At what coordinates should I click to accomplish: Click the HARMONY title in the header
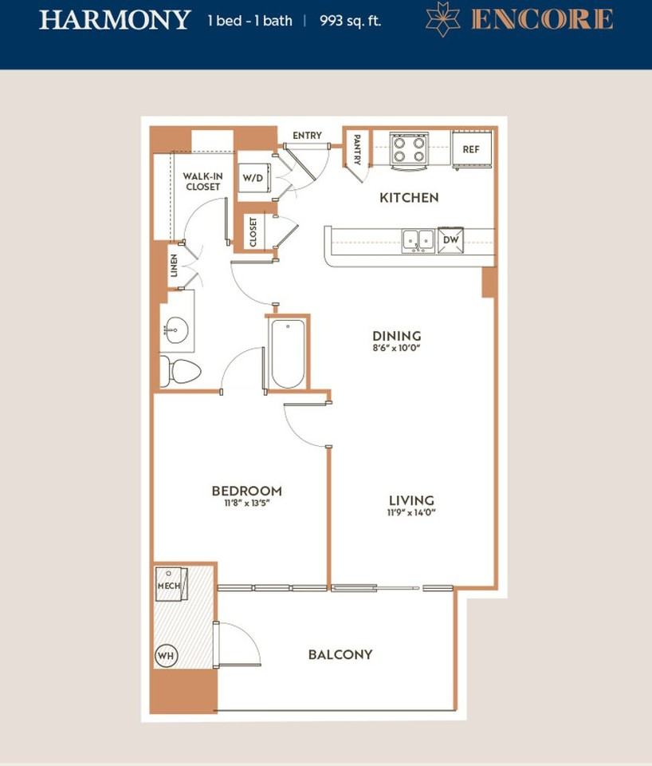coord(115,20)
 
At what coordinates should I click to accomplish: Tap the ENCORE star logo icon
coord(442,19)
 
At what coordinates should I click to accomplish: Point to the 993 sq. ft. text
coord(350,21)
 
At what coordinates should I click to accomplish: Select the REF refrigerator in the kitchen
coord(471,149)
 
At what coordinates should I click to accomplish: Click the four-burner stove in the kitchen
coord(409,151)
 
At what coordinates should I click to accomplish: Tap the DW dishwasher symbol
coord(450,240)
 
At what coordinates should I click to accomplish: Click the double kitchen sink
coord(418,241)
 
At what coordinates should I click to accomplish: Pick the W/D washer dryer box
coord(253,178)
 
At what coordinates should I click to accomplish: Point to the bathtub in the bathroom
coord(288,353)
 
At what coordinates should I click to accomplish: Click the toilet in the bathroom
coord(180,372)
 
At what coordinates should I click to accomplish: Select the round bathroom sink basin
coord(175,330)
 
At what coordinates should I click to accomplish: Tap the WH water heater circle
coord(166,656)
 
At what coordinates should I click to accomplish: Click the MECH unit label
coord(169,585)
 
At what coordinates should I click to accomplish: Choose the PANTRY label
coord(357,150)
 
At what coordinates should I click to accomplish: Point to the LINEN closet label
coord(174,265)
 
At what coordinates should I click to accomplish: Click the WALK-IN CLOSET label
coord(203,181)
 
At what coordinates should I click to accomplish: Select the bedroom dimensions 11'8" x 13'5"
coord(247,503)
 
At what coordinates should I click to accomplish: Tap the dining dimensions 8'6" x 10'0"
coord(396,348)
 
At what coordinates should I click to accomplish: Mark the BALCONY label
coord(340,654)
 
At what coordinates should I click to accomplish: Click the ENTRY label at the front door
coord(307,136)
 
